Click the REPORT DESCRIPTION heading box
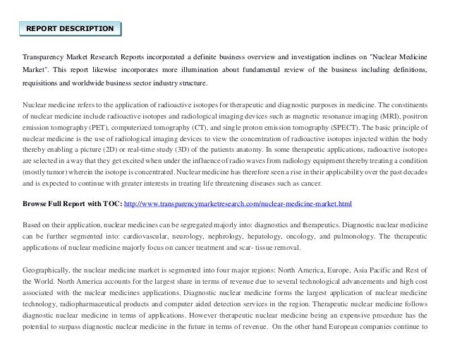pyautogui.click(x=69, y=28)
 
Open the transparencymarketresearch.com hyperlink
pyautogui.click(x=237, y=204)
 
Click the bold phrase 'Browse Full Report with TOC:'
pyautogui.click(x=72, y=204)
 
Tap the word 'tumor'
pyautogui.click(x=58, y=172)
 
